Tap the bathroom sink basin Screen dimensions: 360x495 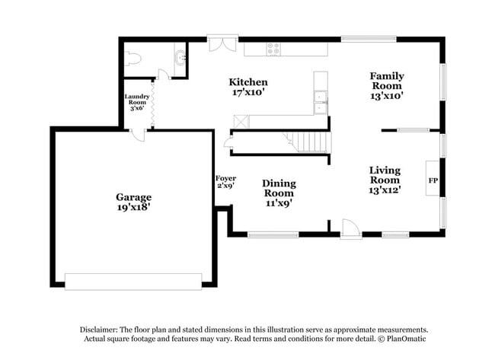click(180, 57)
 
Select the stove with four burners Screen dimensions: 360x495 click(273, 49)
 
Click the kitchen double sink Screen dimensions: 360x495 click(321, 102)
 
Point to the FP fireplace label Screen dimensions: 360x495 click(433, 180)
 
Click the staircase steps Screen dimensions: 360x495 click(309, 142)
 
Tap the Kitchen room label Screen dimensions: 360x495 click(248, 81)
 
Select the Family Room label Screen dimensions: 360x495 click(387, 76)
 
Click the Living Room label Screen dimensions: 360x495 click(385, 170)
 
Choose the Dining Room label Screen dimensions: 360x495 click(279, 183)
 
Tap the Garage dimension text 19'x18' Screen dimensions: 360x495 click(133, 207)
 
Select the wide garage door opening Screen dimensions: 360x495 click(133, 281)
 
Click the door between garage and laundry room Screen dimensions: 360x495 click(138, 134)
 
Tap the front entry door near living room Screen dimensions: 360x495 click(350, 229)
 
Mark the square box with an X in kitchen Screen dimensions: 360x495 click(240, 120)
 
